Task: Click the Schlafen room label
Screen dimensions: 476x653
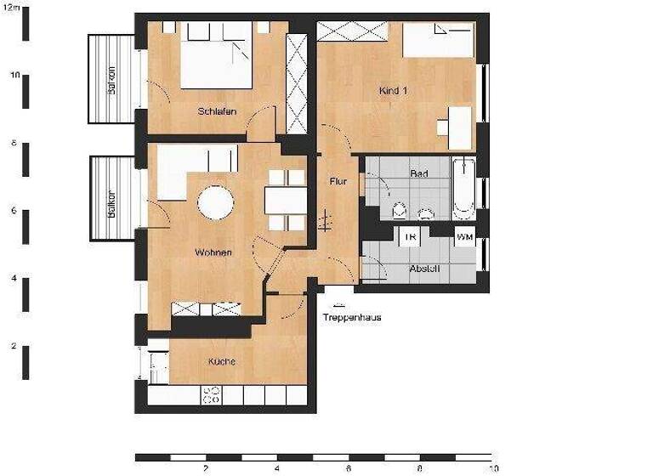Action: pos(217,111)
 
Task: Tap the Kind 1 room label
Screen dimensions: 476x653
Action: pos(393,90)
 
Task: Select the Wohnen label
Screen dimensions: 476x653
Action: pos(213,252)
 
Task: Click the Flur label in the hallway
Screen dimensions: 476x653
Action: pos(338,181)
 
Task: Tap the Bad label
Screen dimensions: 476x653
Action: pos(418,173)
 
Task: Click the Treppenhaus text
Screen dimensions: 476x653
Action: pos(351,318)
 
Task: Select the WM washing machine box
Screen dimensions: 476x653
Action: pos(464,237)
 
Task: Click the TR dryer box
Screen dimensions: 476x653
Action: pos(410,237)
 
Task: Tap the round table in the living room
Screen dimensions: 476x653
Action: pos(216,203)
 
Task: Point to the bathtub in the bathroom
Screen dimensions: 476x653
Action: pos(463,188)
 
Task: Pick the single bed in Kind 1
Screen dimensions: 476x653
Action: pos(438,41)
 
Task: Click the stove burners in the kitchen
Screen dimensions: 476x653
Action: pos(210,395)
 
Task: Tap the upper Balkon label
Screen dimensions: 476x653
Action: pos(111,79)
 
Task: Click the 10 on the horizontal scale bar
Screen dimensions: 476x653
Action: pos(493,468)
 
